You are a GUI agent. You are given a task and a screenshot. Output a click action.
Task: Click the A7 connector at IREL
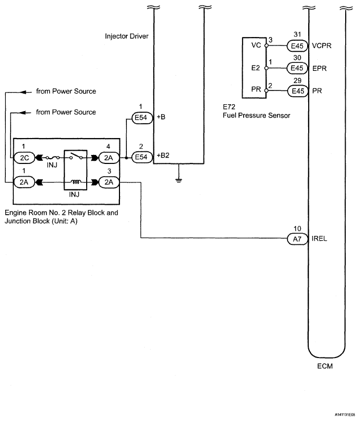[x=298, y=239]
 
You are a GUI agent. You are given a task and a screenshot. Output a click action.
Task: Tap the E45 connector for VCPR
[x=297, y=46]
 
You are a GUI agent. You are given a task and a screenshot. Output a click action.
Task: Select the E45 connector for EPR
[x=297, y=68]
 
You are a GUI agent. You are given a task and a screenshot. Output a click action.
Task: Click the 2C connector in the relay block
[x=24, y=158]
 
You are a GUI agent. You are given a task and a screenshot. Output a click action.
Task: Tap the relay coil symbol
[x=76, y=182]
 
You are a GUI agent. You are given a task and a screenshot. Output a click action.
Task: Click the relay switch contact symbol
[x=76, y=156]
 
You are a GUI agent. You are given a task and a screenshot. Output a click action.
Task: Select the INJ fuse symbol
[x=52, y=158]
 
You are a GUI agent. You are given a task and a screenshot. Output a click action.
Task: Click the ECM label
[x=325, y=366]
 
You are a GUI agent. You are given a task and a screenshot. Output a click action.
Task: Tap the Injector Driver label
[x=127, y=36]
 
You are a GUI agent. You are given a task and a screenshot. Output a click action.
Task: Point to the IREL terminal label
[x=319, y=239]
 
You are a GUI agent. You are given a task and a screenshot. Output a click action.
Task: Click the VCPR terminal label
[x=321, y=45]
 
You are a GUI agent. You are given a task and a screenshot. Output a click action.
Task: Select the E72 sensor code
[x=229, y=107]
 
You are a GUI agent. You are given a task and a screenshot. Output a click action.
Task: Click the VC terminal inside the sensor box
[x=256, y=45]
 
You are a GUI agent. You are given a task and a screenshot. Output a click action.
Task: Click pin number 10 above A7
[x=297, y=228]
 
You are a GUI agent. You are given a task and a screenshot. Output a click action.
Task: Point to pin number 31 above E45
[x=297, y=34]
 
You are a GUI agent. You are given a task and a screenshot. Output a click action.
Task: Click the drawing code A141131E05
[x=345, y=415]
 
